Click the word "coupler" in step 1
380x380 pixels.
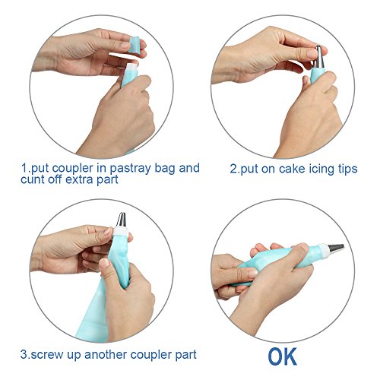(x=72, y=168)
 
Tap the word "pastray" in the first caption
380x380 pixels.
(x=131, y=168)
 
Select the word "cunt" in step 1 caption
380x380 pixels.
(x=31, y=179)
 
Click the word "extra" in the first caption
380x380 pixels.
(x=79, y=179)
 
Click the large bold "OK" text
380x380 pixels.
(x=283, y=356)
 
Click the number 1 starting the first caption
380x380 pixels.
(x=24, y=168)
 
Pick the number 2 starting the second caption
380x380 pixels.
(x=233, y=169)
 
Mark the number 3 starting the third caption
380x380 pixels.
(x=24, y=354)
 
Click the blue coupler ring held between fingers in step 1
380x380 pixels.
(x=134, y=45)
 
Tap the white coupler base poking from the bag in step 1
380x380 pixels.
(x=132, y=68)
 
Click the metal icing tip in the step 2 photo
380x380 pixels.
(x=319, y=57)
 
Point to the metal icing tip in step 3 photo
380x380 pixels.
(x=121, y=220)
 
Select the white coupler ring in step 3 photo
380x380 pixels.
(x=122, y=231)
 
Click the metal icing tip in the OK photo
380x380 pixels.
(x=336, y=249)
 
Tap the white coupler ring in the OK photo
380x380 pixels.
(x=324, y=252)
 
